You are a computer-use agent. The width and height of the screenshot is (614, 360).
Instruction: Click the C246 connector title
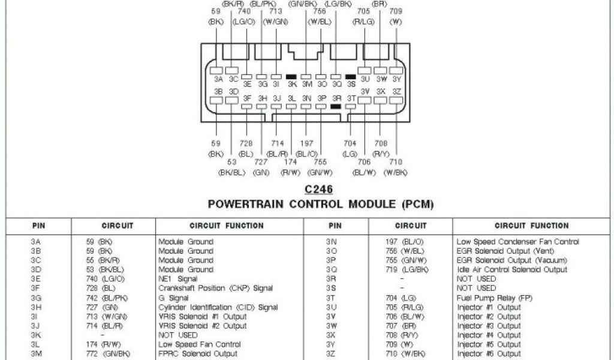pos(318,189)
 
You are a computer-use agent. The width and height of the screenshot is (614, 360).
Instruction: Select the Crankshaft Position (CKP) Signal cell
pos(215,289)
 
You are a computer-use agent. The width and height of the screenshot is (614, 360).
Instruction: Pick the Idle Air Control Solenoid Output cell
pos(511,270)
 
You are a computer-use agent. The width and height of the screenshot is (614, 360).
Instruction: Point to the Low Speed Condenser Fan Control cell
pos(517,242)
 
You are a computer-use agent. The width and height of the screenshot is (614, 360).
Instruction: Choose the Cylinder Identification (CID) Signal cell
pos(218,307)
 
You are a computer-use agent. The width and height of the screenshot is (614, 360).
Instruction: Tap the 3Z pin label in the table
pos(331,354)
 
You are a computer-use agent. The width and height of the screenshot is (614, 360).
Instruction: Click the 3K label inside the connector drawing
pos(291,85)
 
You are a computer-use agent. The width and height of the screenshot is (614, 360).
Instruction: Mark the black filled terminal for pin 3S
pos(350,77)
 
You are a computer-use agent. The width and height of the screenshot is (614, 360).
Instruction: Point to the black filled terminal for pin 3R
pos(336,106)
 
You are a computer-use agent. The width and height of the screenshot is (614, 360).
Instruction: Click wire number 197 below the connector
pos(306,143)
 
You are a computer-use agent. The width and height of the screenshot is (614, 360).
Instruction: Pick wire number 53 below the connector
pos(232,162)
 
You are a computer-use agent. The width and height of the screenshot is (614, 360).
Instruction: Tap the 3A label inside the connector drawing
pos(218,79)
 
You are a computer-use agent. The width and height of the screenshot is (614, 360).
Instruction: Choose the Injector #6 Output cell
pos(489,354)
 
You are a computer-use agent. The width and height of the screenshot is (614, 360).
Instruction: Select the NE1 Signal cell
pos(178,279)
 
